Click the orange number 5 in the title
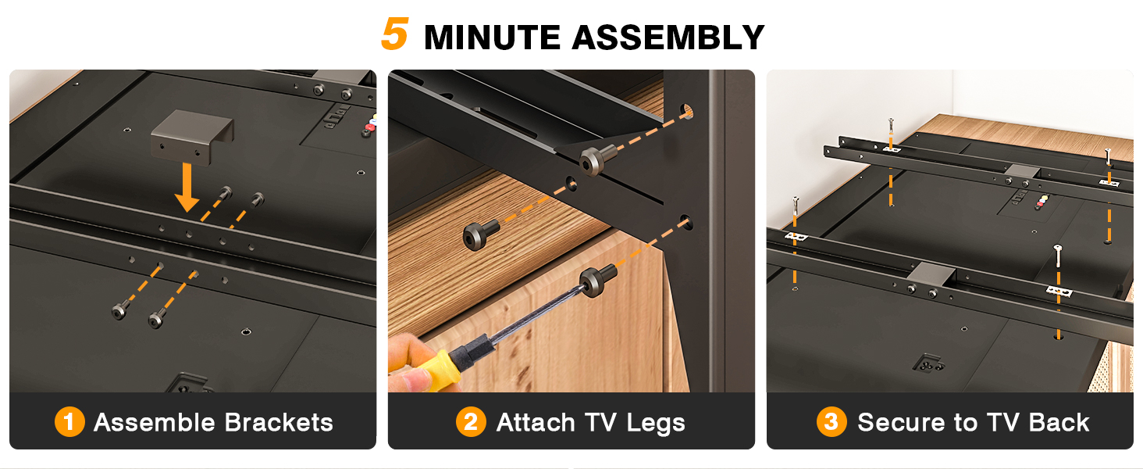[x=395, y=34]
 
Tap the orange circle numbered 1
[x=69, y=423]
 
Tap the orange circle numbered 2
[x=471, y=423]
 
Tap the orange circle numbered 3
[x=831, y=423]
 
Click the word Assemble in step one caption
[x=151, y=423]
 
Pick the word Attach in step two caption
[x=534, y=423]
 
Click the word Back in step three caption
[x=1059, y=423]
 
